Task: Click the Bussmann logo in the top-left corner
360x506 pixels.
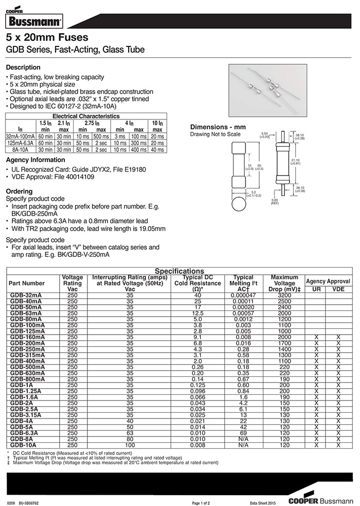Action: click(34, 21)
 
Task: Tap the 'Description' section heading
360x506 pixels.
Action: click(23, 67)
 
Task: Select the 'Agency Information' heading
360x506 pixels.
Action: click(35, 160)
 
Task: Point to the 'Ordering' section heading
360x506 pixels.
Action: click(19, 190)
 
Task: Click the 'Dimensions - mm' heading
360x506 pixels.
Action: click(215, 127)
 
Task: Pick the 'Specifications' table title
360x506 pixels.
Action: click(179, 271)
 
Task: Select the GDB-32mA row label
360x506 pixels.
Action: click(26, 295)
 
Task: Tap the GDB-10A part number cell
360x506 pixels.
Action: click(23, 445)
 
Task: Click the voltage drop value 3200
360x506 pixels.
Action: click(284, 295)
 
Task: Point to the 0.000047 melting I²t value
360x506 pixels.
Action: click(243, 295)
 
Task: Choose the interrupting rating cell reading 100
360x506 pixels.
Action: click(130, 445)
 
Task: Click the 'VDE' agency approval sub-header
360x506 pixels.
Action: click(338, 289)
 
